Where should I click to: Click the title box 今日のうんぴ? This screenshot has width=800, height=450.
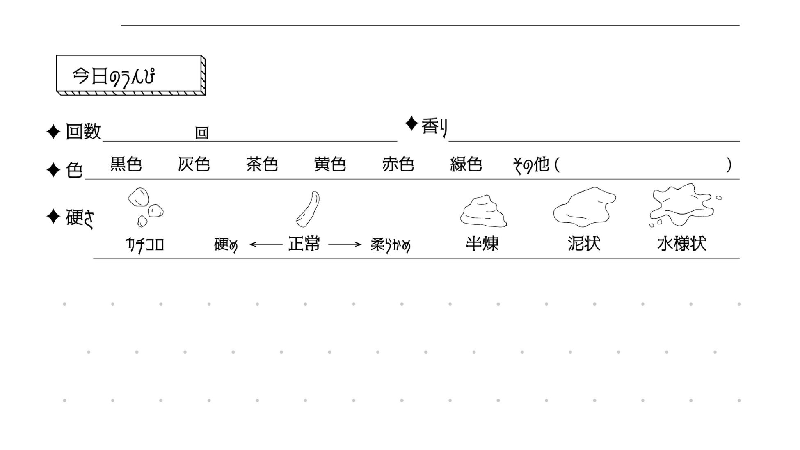[x=130, y=75]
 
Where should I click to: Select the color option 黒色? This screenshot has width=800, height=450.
[x=126, y=164]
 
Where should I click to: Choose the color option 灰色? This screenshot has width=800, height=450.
[x=194, y=164]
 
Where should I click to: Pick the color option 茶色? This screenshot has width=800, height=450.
[x=262, y=164]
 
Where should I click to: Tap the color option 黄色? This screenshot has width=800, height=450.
[x=330, y=164]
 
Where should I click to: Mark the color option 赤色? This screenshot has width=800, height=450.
[x=398, y=164]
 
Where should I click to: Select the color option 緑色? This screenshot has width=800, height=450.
[x=466, y=164]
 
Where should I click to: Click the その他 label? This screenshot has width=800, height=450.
[x=531, y=165]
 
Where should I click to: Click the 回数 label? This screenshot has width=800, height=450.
[x=83, y=132]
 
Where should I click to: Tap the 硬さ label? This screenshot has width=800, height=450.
[x=80, y=217]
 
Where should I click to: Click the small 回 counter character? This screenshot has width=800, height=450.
[x=202, y=133]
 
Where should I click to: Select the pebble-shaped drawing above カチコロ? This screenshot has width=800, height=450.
[x=145, y=207]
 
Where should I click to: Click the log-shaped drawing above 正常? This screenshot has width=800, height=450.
[x=308, y=209]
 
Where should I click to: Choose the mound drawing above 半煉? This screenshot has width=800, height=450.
[x=483, y=211]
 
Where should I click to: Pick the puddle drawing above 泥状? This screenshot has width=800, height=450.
[x=584, y=207]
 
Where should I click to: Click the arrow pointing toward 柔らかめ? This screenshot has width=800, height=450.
[x=345, y=244]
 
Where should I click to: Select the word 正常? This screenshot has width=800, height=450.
[x=304, y=244]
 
